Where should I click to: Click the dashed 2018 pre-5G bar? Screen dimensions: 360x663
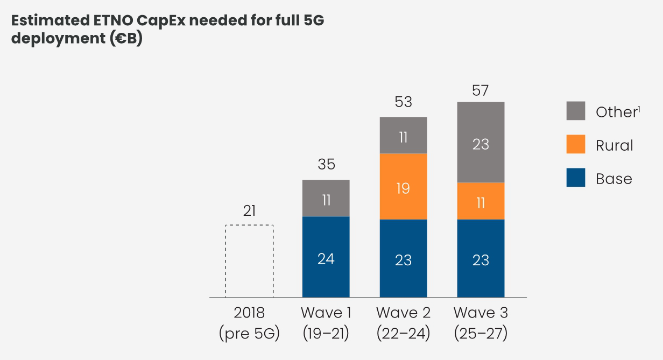tap(249, 261)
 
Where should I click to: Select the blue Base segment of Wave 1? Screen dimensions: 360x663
tap(326, 257)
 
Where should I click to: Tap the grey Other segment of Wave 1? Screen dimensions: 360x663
tap(326, 199)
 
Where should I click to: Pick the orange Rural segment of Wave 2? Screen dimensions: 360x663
tap(403, 187)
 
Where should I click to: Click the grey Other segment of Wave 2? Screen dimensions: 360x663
tap(403, 136)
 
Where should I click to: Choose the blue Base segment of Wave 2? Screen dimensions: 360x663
tap(403, 259)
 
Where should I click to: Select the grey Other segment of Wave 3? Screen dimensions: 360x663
tap(481, 143)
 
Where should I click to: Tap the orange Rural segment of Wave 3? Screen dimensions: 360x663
tap(481, 201)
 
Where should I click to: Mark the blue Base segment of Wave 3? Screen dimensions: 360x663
tap(481, 259)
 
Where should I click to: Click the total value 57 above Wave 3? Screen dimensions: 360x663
tap(481, 90)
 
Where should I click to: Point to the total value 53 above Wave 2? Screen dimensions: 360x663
tap(403, 102)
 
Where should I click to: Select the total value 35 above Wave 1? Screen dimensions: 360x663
tap(326, 165)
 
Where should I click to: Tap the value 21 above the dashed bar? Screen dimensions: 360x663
tap(249, 211)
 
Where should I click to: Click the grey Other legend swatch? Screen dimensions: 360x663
tap(576, 111)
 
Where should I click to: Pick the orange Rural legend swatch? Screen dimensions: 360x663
tap(576, 144)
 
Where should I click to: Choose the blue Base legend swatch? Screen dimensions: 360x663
tap(576, 178)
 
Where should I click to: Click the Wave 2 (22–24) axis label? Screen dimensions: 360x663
tap(403, 323)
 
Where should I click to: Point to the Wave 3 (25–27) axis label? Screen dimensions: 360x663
tap(481, 323)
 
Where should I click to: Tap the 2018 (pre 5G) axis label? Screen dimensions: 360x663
tap(249, 323)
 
